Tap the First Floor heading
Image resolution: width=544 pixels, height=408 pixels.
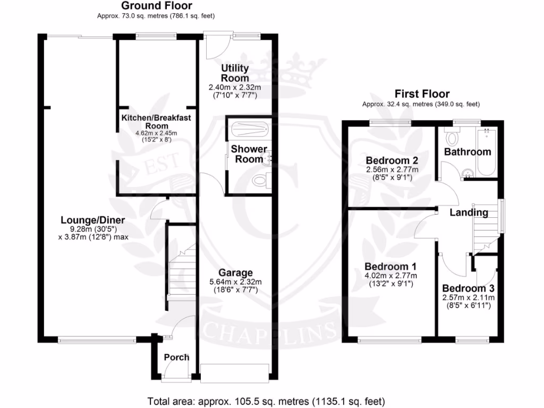click(x=422, y=93)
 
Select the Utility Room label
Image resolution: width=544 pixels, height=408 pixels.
click(x=235, y=74)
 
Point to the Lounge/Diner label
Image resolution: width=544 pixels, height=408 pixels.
click(x=93, y=220)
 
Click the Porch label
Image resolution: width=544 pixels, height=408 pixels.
click(x=176, y=357)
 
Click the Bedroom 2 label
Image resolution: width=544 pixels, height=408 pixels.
click(x=392, y=160)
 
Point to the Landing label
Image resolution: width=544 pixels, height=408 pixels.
click(x=469, y=212)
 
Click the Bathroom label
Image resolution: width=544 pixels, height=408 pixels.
click(x=467, y=152)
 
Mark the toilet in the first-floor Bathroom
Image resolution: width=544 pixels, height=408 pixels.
click(x=453, y=138)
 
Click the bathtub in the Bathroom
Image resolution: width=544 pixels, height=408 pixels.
click(x=486, y=151)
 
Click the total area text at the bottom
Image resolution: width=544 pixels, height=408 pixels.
click(x=266, y=401)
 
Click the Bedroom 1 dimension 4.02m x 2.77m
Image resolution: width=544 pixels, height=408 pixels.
click(x=390, y=276)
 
